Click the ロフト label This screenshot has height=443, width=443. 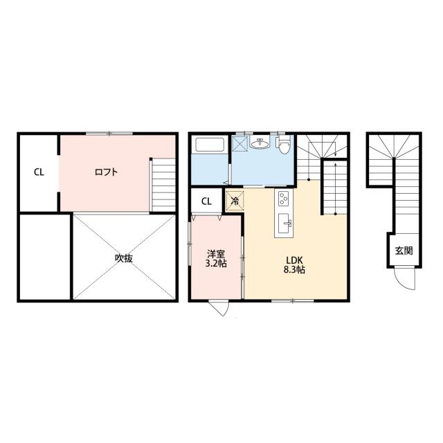click(x=106, y=172)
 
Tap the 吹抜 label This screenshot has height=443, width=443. click(x=124, y=258)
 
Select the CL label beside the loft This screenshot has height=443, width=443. click(x=39, y=172)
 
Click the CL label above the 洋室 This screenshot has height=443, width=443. click(x=206, y=201)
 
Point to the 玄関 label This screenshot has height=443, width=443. click(x=404, y=251)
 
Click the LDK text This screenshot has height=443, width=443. click(x=294, y=260)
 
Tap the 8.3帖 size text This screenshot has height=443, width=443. click(x=294, y=270)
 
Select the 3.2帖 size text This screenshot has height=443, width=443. click(x=216, y=263)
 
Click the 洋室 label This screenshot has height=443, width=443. click(x=216, y=253)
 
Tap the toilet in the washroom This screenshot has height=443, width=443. click(x=283, y=145)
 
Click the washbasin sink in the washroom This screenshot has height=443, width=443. click(x=260, y=143)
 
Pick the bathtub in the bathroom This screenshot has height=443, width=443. click(x=210, y=145)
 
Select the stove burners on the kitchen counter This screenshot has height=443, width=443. click(x=283, y=199)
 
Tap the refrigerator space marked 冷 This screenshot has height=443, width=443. click(x=235, y=201)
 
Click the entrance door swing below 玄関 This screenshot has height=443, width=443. click(x=404, y=278)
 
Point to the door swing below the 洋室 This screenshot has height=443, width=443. click(x=219, y=308)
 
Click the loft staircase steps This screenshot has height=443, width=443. click(x=163, y=185)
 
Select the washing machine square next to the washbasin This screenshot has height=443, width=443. click(x=240, y=143)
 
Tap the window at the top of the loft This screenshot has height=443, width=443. click(x=109, y=134)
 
